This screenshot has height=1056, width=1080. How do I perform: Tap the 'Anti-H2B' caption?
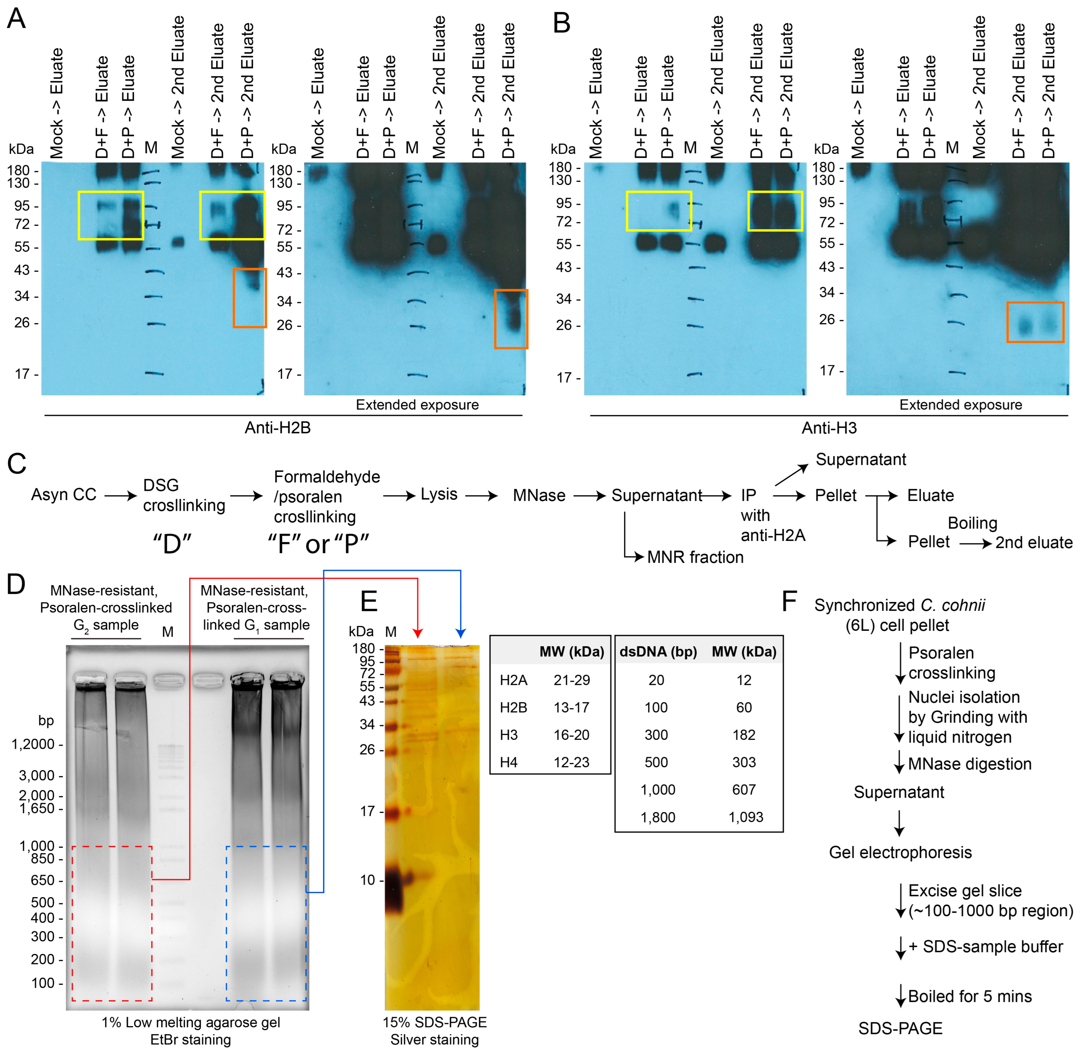click(x=277, y=428)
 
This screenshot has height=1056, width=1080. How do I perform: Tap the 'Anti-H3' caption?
click(x=829, y=428)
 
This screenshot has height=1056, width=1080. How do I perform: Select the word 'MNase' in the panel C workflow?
click(x=539, y=495)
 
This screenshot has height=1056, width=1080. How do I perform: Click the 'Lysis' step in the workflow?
click(x=439, y=494)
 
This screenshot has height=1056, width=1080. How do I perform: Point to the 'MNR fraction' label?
click(x=695, y=557)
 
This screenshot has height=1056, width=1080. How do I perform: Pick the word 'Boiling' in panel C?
click(x=972, y=523)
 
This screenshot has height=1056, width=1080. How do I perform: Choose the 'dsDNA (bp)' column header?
click(x=658, y=652)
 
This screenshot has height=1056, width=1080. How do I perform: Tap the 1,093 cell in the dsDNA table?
click(x=745, y=817)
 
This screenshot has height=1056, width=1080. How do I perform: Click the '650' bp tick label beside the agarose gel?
click(x=43, y=880)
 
